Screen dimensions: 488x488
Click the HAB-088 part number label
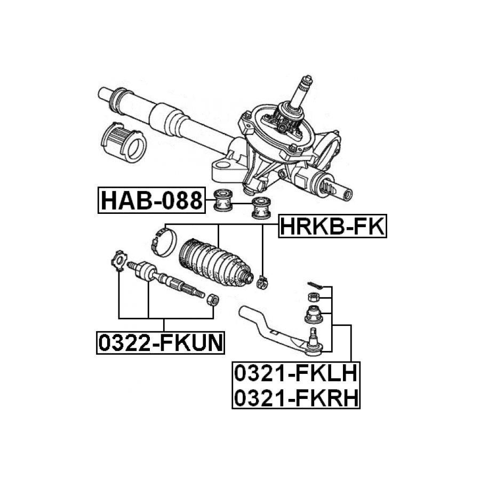pyautogui.click(x=151, y=200)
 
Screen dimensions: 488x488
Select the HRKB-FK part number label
pyautogui.click(x=332, y=226)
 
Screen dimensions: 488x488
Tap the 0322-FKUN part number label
pyautogui.click(x=161, y=342)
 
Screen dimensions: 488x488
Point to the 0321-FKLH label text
pyautogui.click(x=295, y=373)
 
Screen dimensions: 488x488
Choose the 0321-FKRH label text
pyautogui.click(x=295, y=397)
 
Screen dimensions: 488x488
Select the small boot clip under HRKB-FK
pyautogui.click(x=262, y=282)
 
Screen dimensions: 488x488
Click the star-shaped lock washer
pyautogui.click(x=119, y=260)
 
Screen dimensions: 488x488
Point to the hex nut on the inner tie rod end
pyautogui.click(x=213, y=300)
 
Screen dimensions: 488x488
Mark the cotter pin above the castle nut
pyautogui.click(x=315, y=285)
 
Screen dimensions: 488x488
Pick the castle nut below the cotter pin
pyautogui.click(x=314, y=297)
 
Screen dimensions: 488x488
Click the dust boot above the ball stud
pyautogui.click(x=314, y=315)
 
